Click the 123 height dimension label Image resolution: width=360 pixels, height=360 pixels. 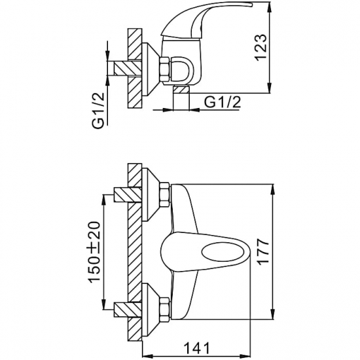261,48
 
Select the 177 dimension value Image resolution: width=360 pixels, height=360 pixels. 263,252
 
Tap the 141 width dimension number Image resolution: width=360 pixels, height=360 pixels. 196,348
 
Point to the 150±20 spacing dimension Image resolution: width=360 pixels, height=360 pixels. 95,252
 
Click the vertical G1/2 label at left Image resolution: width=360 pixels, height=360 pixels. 98,111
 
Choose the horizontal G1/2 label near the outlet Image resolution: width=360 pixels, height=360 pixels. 223,102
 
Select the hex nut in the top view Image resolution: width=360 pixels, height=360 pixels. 164,69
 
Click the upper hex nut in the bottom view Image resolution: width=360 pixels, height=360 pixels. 165,194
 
